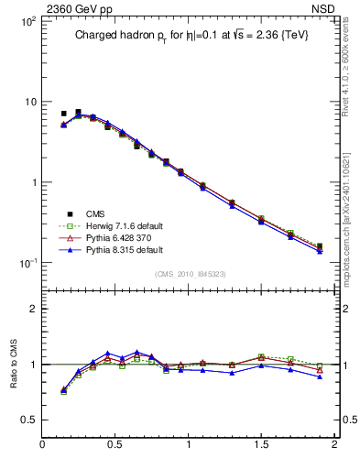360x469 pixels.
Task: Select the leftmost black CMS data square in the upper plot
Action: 63,114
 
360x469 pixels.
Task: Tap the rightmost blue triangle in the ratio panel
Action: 320,376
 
